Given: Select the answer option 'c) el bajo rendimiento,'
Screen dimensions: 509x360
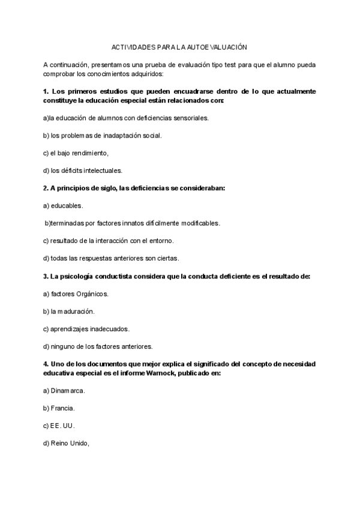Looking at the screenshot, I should [x=76, y=152].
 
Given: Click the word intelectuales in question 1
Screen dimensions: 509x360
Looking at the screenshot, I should [x=104, y=170].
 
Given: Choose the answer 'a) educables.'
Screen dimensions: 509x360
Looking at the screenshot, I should [x=64, y=205].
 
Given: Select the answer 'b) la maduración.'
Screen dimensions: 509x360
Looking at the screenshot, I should [x=69, y=312].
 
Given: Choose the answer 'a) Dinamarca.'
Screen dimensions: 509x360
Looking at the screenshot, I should [x=64, y=391].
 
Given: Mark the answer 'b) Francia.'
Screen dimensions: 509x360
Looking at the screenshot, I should [x=59, y=408].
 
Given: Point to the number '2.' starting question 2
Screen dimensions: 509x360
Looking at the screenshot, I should [x=46, y=188].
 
